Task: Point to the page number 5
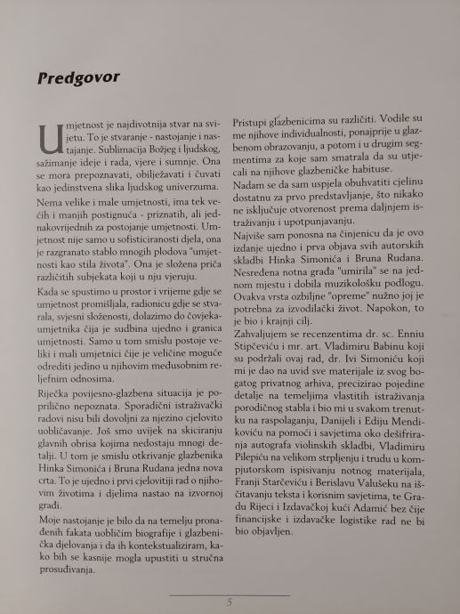click(x=230, y=602)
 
